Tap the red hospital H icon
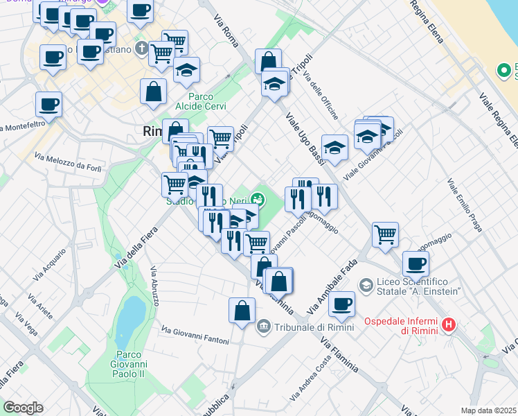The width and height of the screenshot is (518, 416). tap(449, 324)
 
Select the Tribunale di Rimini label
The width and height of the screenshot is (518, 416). tap(314, 327)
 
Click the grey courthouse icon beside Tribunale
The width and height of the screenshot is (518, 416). tap(263, 327)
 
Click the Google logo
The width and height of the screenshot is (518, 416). tap(23, 407)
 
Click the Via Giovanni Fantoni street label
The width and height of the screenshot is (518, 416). tap(195, 333)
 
